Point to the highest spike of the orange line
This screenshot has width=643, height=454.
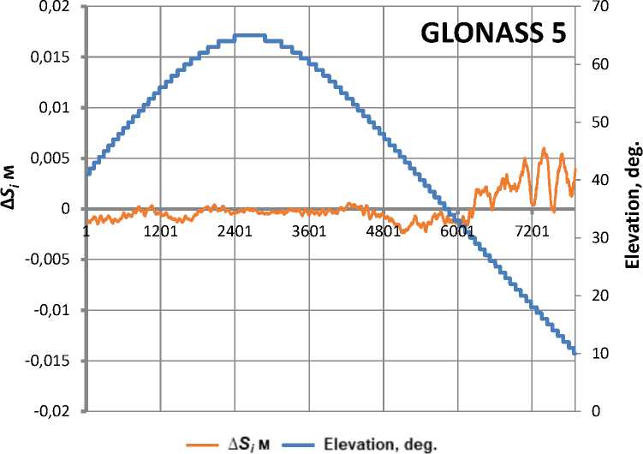coord(543,149)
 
